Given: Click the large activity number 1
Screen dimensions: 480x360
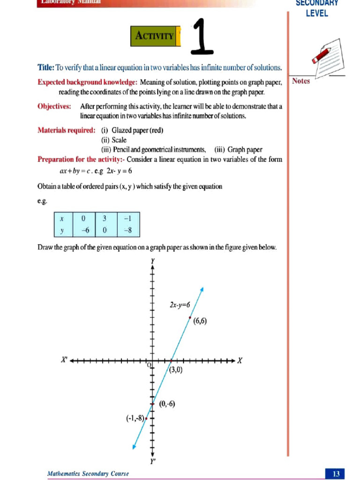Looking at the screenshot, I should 202,36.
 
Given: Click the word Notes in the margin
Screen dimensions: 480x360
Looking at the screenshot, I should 301,81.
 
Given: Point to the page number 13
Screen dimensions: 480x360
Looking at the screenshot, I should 336,474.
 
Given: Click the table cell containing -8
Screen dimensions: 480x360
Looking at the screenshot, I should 127,230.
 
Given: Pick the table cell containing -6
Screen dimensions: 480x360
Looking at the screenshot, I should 84,230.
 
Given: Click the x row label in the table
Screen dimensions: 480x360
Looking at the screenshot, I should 62,218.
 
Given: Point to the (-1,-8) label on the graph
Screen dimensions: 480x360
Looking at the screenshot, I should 135,418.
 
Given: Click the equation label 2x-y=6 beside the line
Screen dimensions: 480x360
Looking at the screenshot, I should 179,305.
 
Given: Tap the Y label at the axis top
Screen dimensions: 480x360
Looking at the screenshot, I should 153,260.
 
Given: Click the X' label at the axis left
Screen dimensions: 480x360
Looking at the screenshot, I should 65,360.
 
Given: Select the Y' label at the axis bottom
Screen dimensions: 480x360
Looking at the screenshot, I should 153,461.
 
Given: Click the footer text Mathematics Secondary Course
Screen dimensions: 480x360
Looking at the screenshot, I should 88,474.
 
